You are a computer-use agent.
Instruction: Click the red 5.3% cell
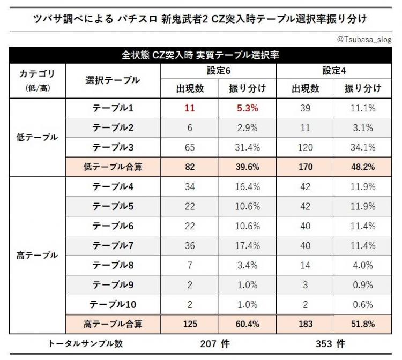(x=248, y=108)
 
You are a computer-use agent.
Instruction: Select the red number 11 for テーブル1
(x=190, y=108)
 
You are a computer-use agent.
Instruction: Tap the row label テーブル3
(x=113, y=147)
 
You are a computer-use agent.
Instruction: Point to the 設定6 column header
(x=218, y=70)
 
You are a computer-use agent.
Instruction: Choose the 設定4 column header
(x=334, y=70)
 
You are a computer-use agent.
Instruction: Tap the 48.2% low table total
(x=363, y=167)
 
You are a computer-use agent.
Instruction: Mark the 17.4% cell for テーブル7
(x=248, y=246)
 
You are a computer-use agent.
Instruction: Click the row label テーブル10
(x=113, y=304)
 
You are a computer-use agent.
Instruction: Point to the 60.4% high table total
(x=248, y=324)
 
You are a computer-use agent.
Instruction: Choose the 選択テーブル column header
(x=113, y=80)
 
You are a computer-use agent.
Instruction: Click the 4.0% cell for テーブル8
(x=363, y=265)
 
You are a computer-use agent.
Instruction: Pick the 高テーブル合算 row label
(x=113, y=324)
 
